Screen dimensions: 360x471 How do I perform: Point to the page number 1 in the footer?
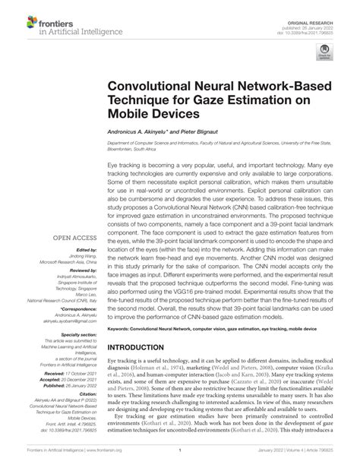(x=180, y=460)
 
